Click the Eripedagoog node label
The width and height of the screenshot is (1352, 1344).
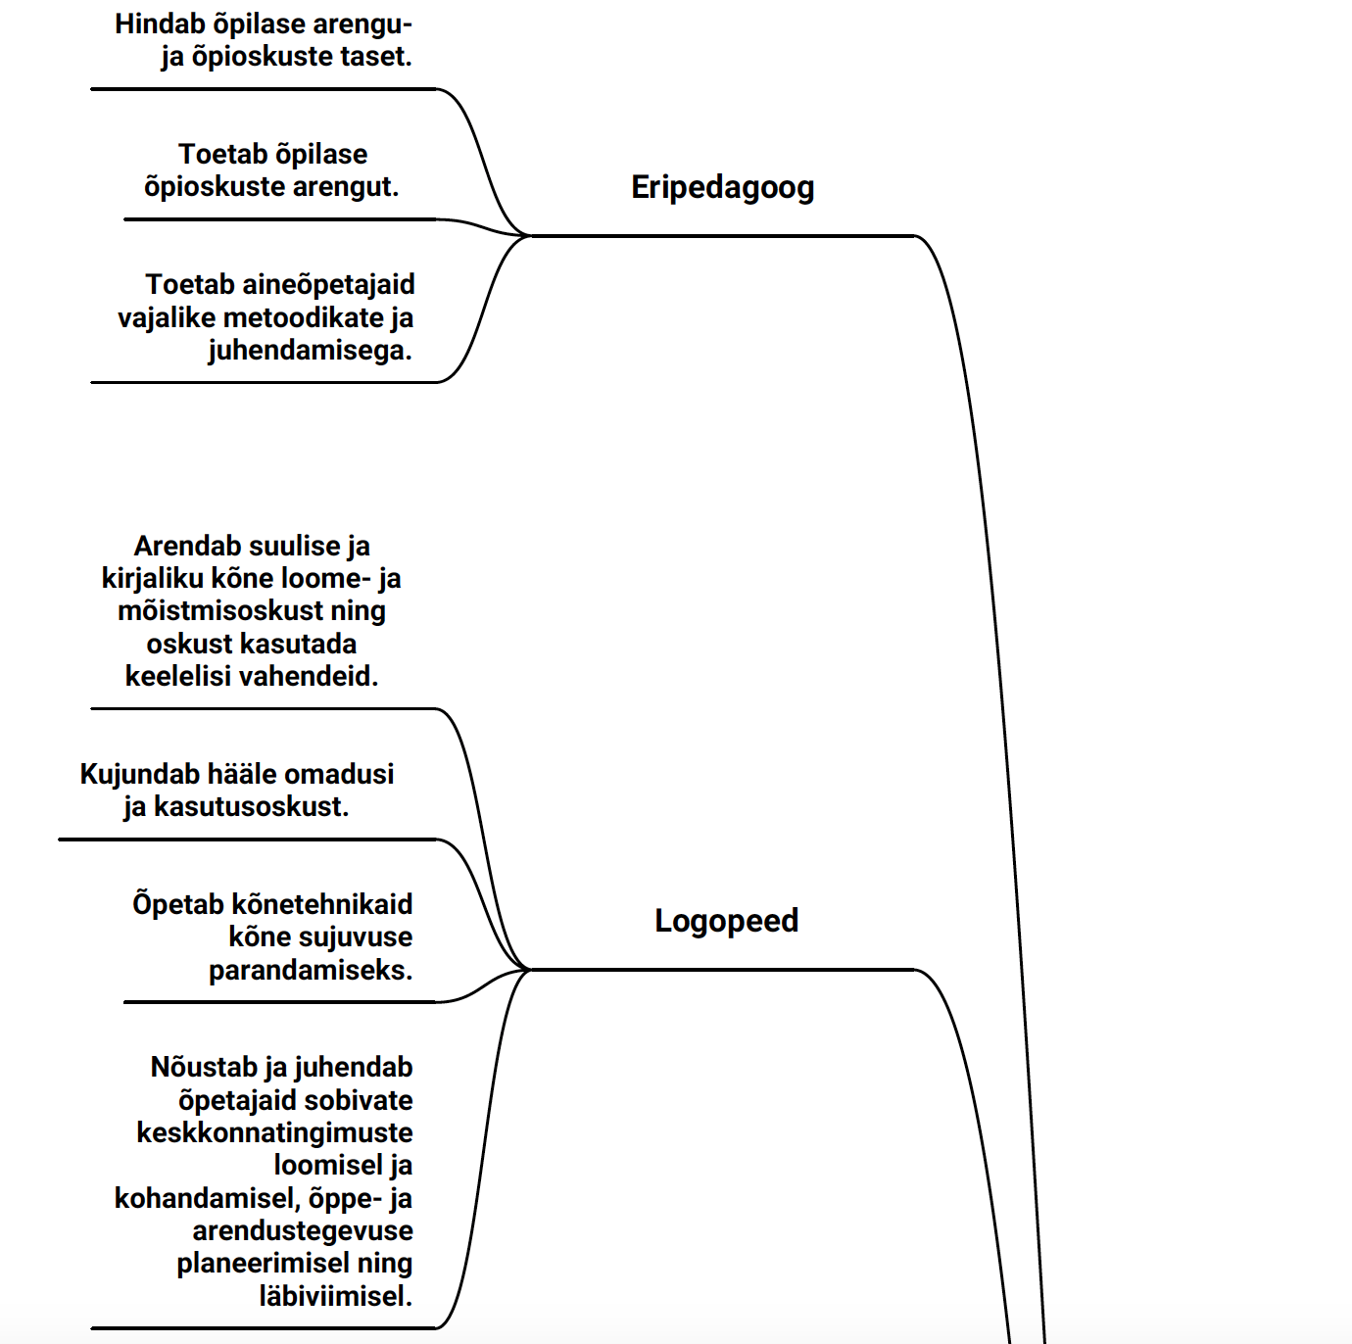click(722, 187)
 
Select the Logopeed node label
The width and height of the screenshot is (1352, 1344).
click(726, 921)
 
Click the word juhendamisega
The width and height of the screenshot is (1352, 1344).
click(310, 351)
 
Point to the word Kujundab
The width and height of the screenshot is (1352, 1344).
click(140, 774)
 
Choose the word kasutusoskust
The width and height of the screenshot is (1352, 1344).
click(251, 807)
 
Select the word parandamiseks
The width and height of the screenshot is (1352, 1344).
click(311, 970)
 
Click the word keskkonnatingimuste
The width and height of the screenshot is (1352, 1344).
click(274, 1132)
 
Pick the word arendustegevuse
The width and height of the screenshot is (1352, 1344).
click(303, 1230)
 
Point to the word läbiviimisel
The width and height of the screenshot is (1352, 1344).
click(335, 1296)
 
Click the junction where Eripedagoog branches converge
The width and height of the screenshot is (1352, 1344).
click(529, 235)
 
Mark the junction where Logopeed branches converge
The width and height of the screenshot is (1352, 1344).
click(529, 970)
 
